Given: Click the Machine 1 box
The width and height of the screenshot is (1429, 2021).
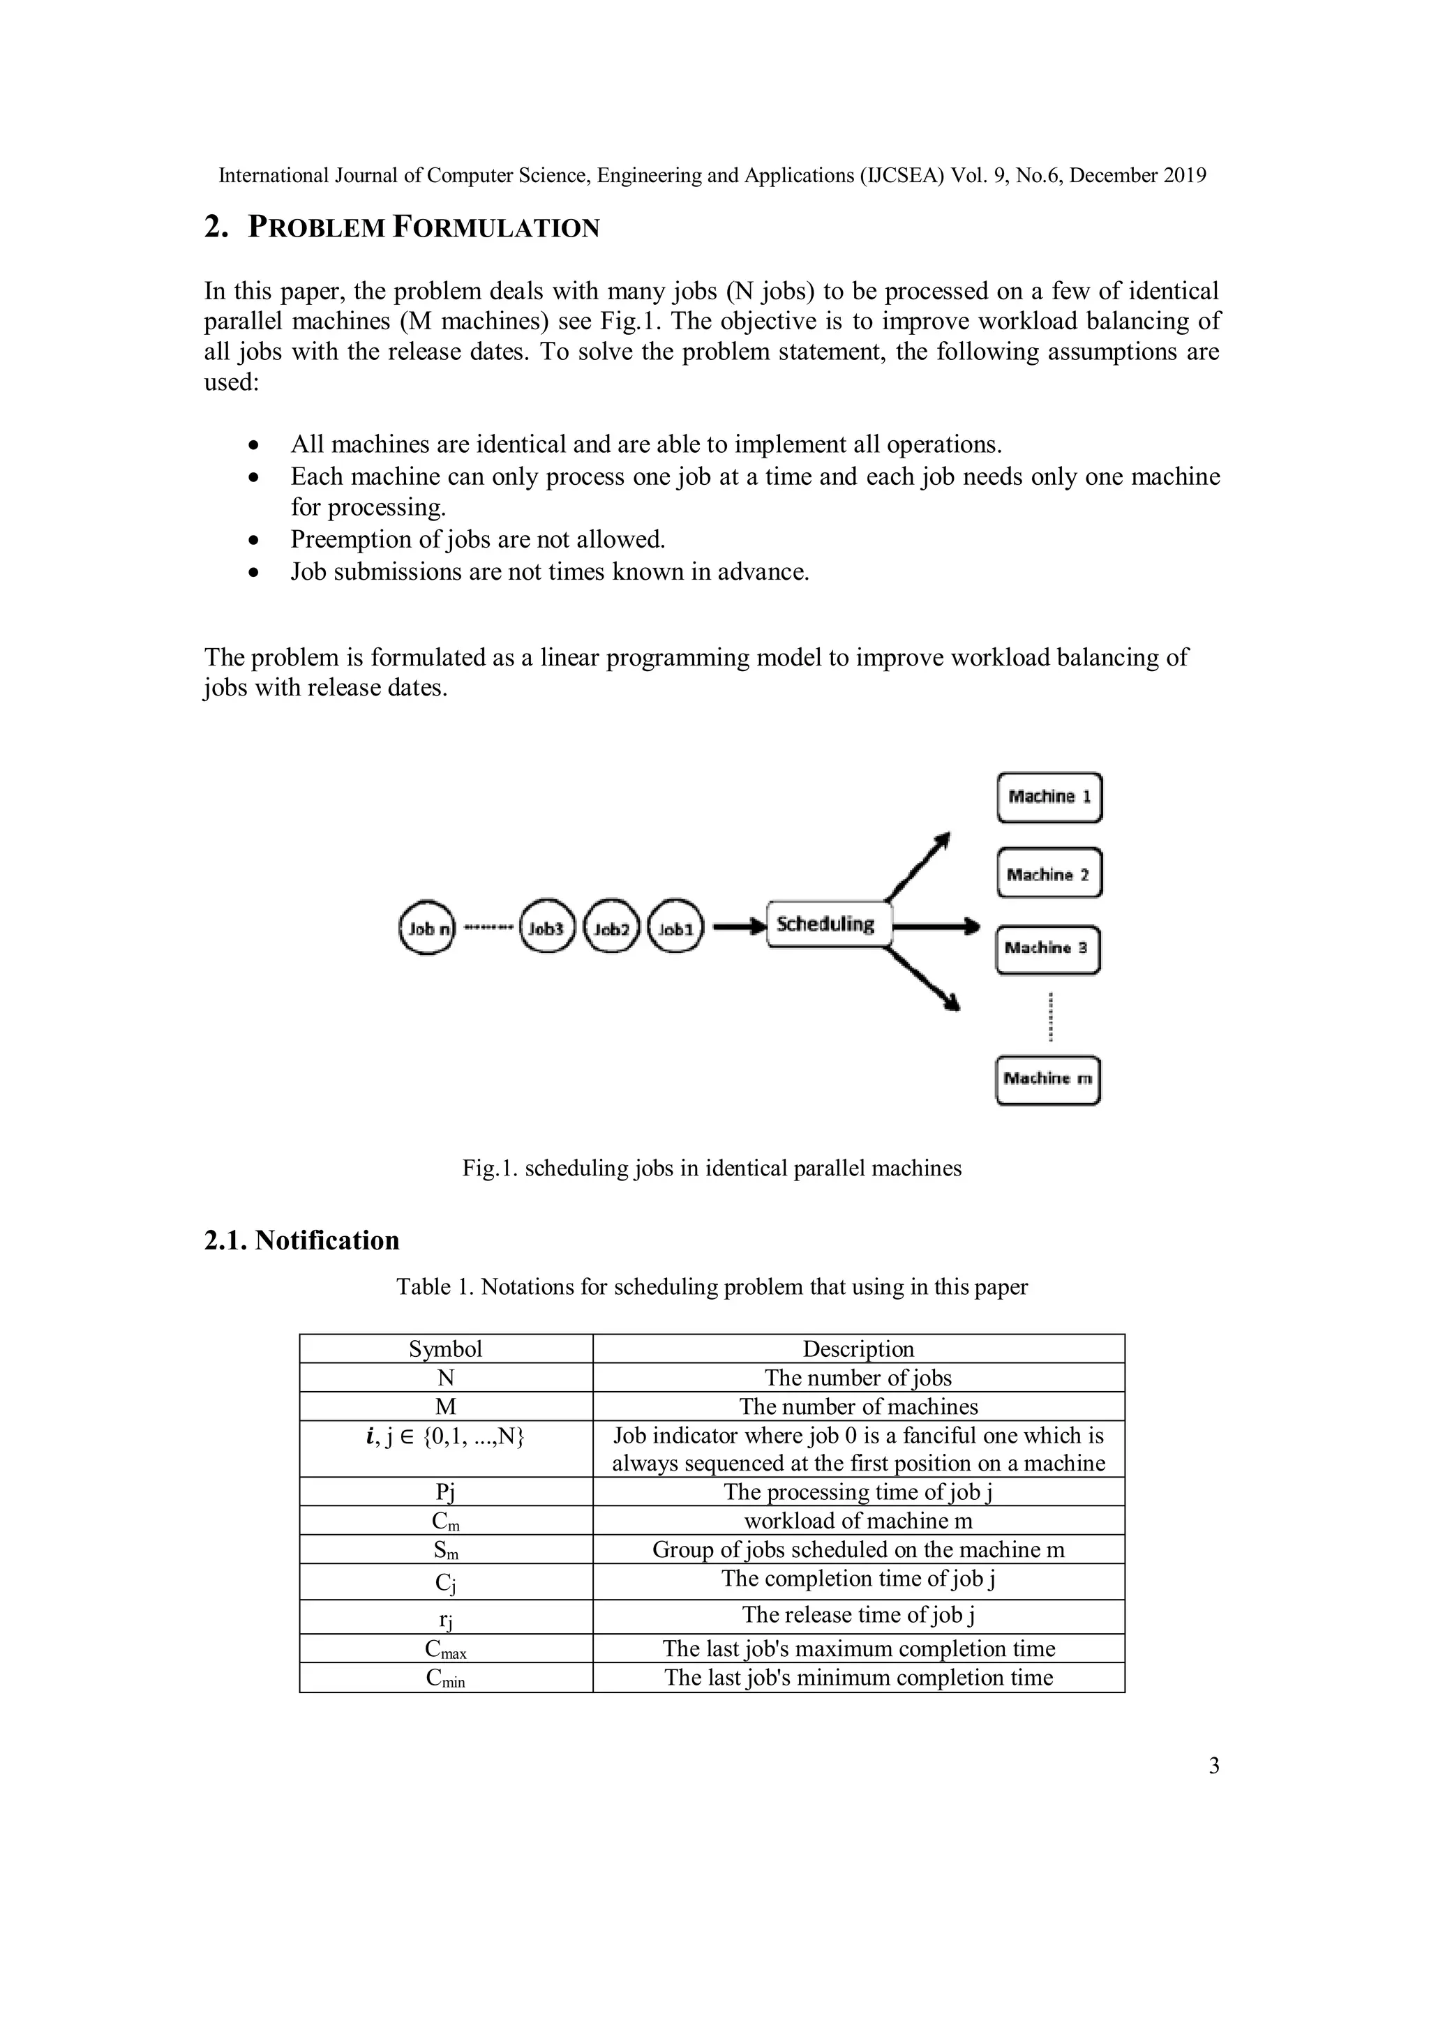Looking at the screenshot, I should coord(1049,797).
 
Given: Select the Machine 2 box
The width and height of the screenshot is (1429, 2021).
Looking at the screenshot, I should coord(1049,874).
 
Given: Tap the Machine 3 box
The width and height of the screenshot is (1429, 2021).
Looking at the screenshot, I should coord(1048,949).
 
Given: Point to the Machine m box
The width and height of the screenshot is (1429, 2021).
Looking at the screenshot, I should coord(1048,1080).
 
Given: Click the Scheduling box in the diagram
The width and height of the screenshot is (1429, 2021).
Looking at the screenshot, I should coord(828,924).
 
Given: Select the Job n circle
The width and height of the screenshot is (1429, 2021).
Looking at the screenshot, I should coord(426,928).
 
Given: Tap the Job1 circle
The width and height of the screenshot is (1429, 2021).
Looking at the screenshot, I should coord(675,928).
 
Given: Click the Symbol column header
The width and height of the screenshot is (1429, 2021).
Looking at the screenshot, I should coord(446,1349).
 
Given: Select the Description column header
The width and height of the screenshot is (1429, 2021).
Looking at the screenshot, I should coord(858,1349).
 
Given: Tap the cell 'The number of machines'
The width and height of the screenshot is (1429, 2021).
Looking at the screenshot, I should coord(858,1406).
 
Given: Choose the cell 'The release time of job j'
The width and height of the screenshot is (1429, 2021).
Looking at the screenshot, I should coord(858,1614).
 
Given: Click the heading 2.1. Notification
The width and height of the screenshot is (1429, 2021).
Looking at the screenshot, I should coord(301,1240).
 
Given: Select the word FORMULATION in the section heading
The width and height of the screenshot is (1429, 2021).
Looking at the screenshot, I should coord(495,228).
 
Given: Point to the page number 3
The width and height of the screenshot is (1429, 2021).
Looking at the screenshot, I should coord(1214,1766).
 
